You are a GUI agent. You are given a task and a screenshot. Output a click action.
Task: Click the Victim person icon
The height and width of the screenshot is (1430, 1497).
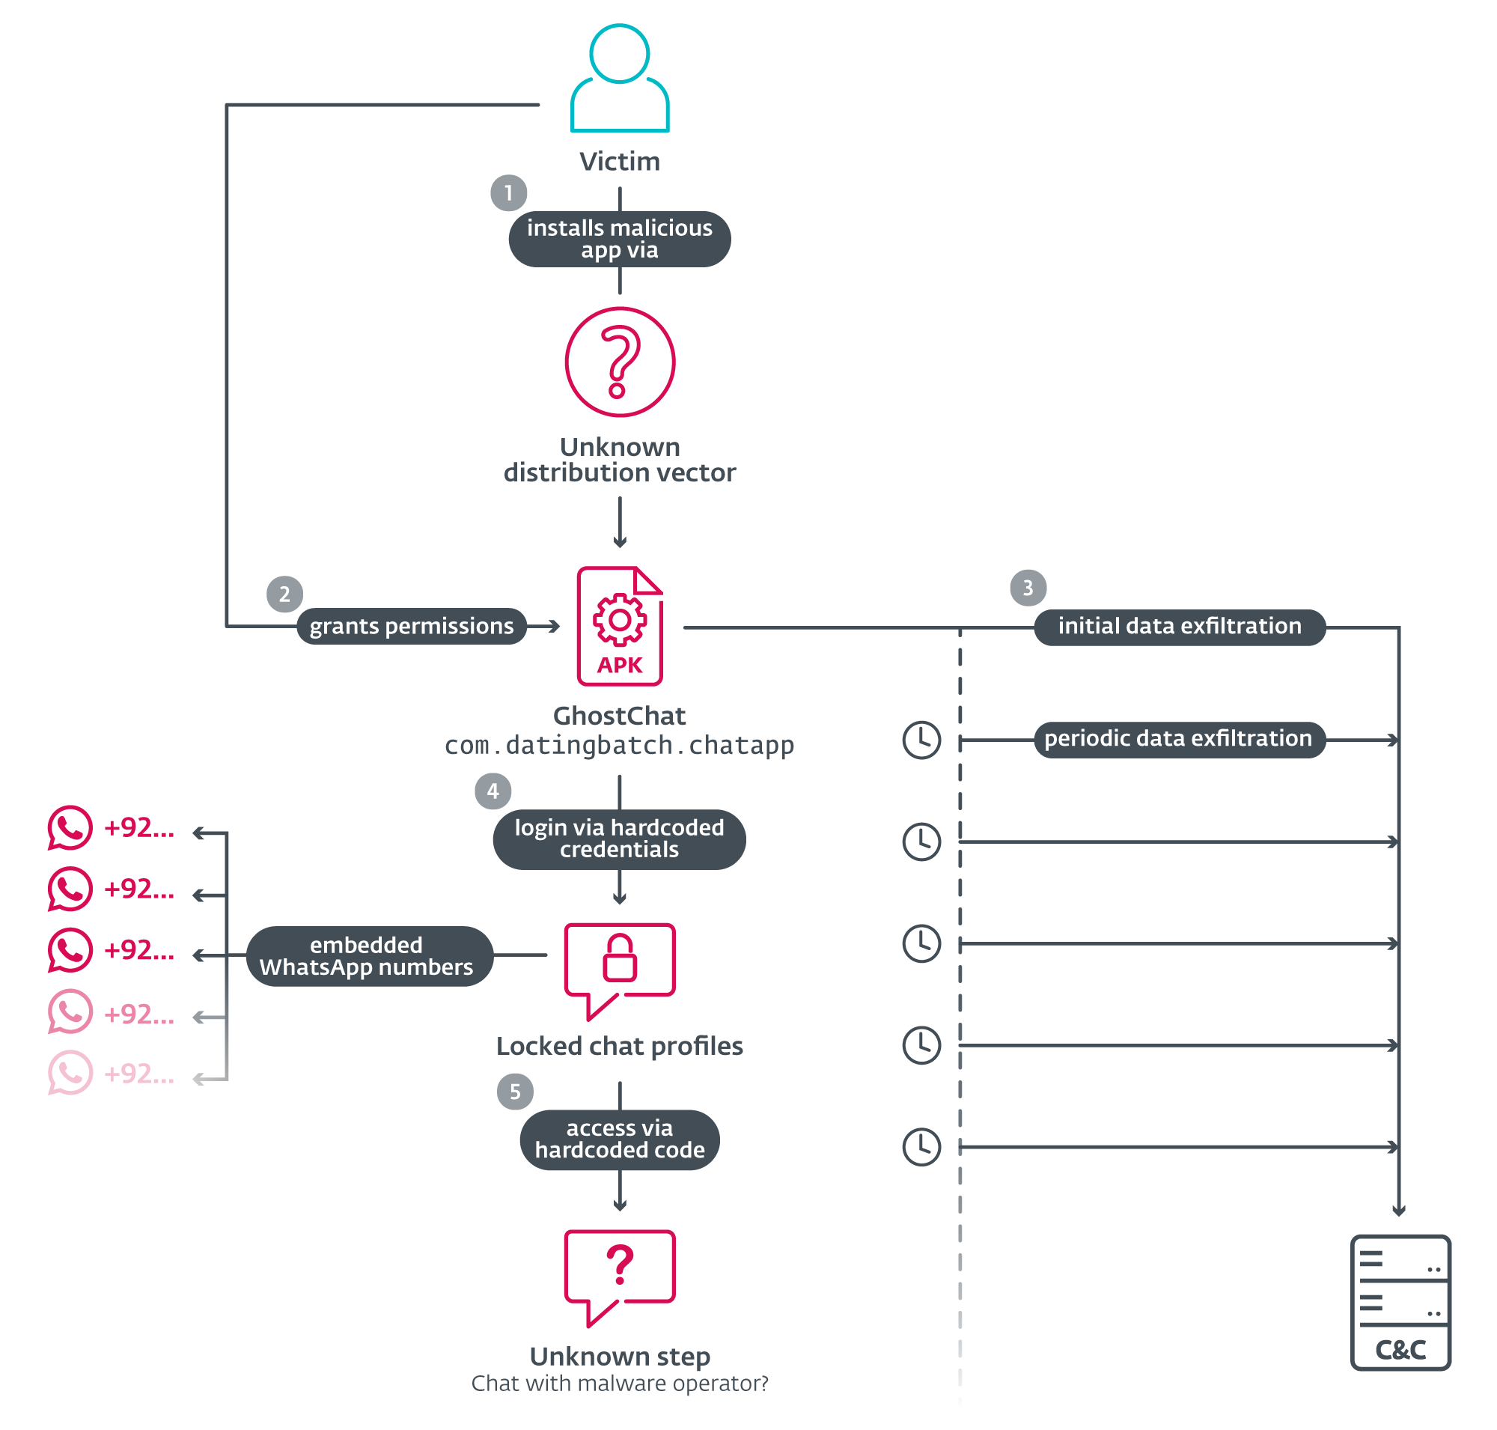tap(619, 78)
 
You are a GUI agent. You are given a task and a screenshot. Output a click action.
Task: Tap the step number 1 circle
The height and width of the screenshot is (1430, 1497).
tap(508, 193)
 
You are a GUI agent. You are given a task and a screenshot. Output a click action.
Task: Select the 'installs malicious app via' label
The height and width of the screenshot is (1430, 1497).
tap(619, 239)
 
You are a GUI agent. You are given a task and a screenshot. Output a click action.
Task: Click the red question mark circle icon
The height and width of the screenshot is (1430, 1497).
tap(619, 362)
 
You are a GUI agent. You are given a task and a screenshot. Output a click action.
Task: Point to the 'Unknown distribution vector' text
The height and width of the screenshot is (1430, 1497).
tap(619, 459)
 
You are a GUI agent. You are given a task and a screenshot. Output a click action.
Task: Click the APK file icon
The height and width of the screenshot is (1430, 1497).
tap(619, 626)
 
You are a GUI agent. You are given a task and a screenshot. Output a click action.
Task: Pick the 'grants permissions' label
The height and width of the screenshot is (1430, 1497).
tap(411, 626)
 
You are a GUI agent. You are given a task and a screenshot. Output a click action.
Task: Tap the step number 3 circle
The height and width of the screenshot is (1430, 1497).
tap(1028, 587)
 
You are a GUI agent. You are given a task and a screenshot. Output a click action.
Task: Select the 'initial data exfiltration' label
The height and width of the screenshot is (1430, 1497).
tap(1178, 626)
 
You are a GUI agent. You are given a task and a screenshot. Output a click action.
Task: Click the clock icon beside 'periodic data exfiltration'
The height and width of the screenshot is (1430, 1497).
tap(921, 739)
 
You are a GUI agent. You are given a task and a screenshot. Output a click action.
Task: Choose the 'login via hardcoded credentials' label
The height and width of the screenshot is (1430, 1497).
tap(619, 838)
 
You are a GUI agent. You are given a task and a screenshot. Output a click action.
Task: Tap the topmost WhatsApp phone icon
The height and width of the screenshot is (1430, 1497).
tap(70, 827)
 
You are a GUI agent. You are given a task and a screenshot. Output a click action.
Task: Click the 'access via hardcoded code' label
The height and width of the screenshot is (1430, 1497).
tap(619, 1138)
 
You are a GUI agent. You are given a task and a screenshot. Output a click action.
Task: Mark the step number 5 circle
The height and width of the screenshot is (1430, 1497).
tap(514, 1091)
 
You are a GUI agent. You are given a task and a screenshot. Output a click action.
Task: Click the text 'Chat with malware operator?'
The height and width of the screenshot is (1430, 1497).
tap(619, 1382)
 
